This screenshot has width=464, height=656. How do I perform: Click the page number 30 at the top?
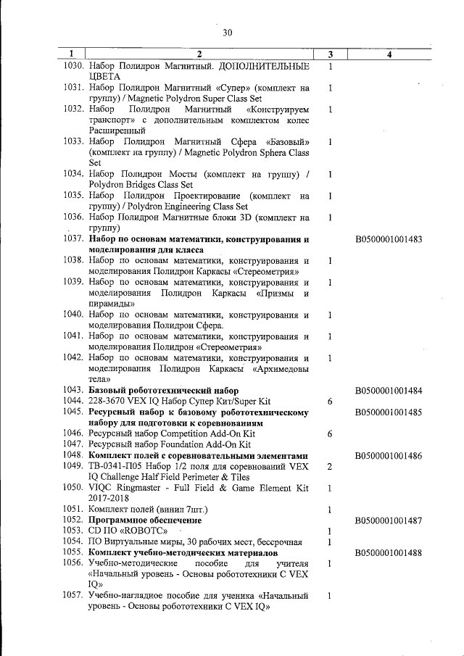point(227,32)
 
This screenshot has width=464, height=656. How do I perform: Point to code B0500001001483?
point(389,238)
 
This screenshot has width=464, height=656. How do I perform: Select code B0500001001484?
point(389,391)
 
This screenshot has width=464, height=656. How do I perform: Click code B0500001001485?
point(389,412)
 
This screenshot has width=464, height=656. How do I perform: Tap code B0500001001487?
point(389,520)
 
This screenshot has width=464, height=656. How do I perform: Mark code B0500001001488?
point(389,553)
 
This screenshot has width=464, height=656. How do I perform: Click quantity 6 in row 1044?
point(330,402)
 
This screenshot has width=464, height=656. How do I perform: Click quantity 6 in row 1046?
point(330,433)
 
